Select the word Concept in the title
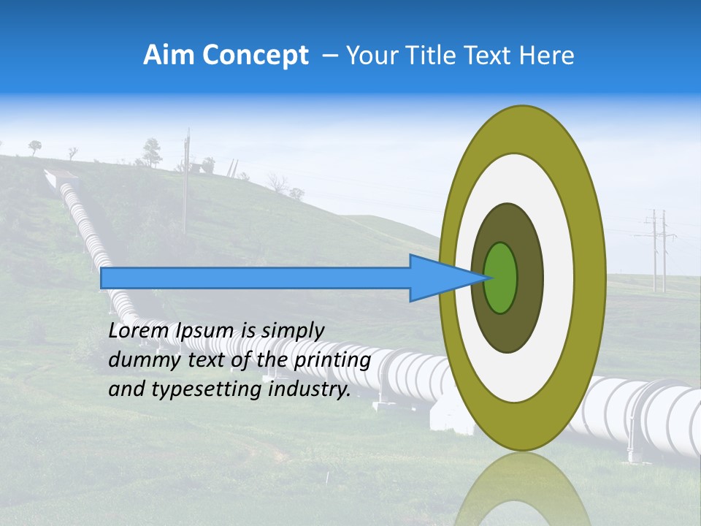tap(256, 56)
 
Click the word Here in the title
tap(546, 56)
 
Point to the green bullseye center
tap(501, 278)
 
